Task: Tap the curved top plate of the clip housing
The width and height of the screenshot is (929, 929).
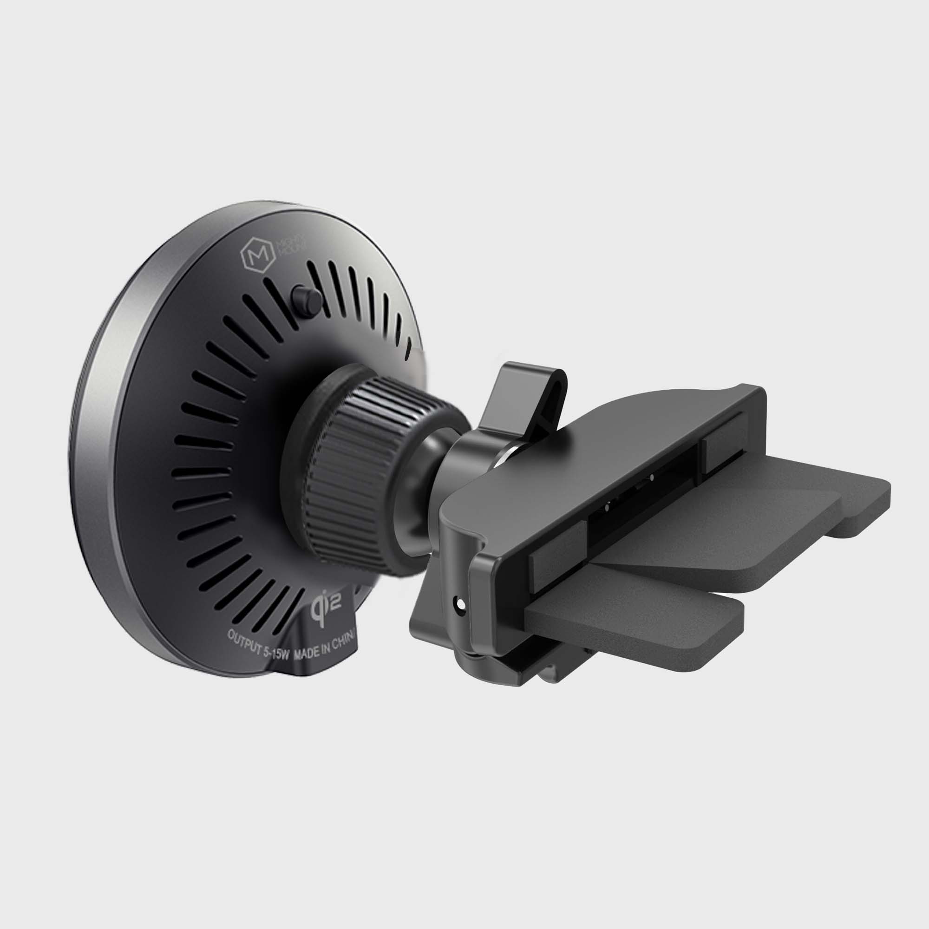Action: (601, 442)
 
